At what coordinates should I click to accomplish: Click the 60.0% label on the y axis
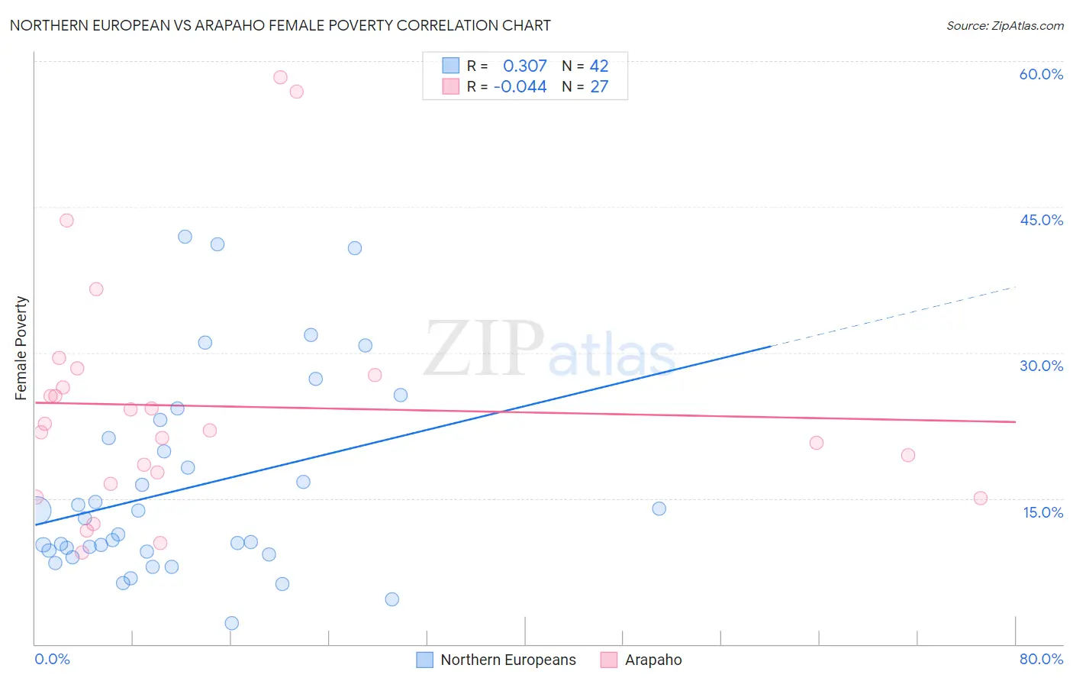pyautogui.click(x=1041, y=74)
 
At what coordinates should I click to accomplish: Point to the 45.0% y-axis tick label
pyautogui.click(x=1041, y=220)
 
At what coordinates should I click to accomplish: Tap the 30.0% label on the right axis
pyautogui.click(x=1041, y=366)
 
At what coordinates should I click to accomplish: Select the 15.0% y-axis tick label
pyautogui.click(x=1042, y=512)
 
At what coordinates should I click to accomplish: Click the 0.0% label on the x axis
pyautogui.click(x=52, y=659)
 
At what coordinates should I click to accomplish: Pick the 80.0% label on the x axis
pyautogui.click(x=1041, y=659)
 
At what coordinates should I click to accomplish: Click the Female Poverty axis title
pyautogui.click(x=21, y=348)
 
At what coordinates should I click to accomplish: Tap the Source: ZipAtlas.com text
pyautogui.click(x=1004, y=26)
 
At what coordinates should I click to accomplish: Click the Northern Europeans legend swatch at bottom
pyautogui.click(x=425, y=660)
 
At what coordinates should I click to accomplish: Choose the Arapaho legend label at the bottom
pyautogui.click(x=653, y=660)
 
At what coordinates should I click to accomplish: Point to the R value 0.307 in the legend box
pyautogui.click(x=524, y=66)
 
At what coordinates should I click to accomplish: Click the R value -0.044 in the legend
pyautogui.click(x=520, y=87)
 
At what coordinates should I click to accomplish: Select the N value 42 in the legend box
pyautogui.click(x=599, y=66)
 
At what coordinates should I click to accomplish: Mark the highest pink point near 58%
pyautogui.click(x=280, y=77)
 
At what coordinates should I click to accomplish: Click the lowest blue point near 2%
pyautogui.click(x=232, y=623)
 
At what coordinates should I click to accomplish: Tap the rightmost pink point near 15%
pyautogui.click(x=981, y=499)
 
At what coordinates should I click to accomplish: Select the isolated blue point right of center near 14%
pyautogui.click(x=659, y=508)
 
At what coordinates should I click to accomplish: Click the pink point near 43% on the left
pyautogui.click(x=66, y=221)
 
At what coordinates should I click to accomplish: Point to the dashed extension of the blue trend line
pyautogui.click(x=893, y=317)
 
